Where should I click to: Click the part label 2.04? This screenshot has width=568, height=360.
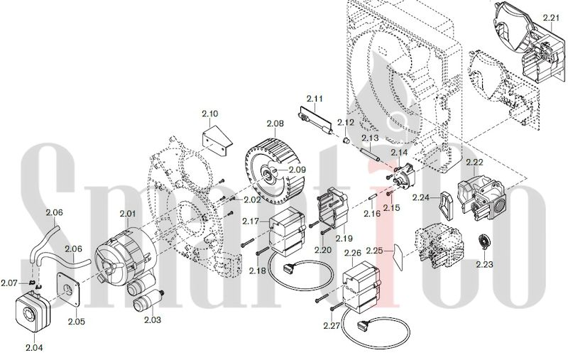pyautogui.click(x=34, y=348)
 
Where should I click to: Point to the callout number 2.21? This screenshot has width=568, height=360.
pyautogui.click(x=552, y=17)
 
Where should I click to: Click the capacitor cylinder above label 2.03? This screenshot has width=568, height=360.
pyautogui.click(x=148, y=300)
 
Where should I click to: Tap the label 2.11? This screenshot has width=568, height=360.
pyautogui.click(x=315, y=99)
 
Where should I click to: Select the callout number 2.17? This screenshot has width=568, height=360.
pyautogui.click(x=251, y=221)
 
